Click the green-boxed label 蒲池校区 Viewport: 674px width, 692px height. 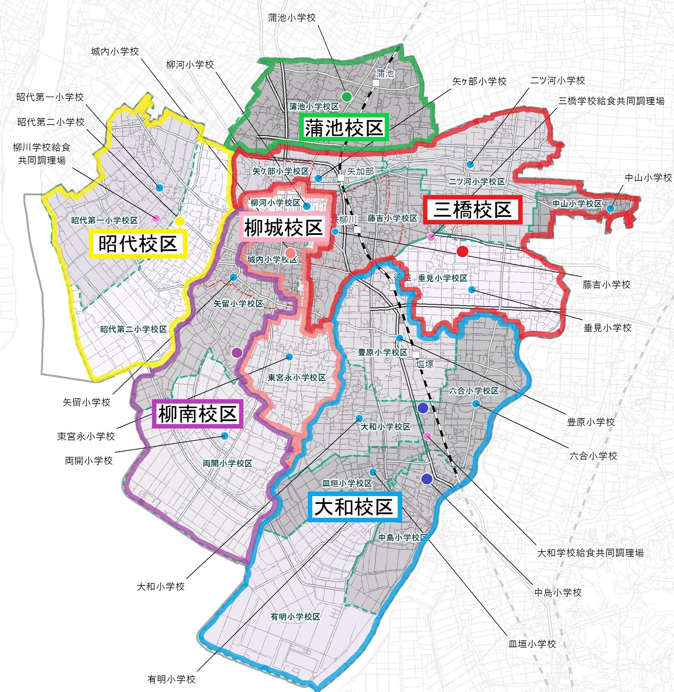344,128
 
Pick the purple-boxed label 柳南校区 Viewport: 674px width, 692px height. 197,414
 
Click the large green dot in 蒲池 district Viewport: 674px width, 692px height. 347,96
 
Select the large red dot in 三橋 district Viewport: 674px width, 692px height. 462,251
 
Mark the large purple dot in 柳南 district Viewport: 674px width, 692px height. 237,353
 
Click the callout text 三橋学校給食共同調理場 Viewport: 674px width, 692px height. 611,101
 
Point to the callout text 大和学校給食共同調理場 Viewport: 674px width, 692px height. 590,553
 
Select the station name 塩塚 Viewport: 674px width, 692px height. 425,364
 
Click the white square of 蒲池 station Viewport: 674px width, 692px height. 376,83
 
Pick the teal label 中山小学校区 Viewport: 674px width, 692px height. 577,204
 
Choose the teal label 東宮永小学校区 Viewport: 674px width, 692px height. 297,377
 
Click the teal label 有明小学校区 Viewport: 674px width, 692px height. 295,617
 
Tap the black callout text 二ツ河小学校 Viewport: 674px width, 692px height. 557,81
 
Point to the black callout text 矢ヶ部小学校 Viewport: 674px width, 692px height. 479,81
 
